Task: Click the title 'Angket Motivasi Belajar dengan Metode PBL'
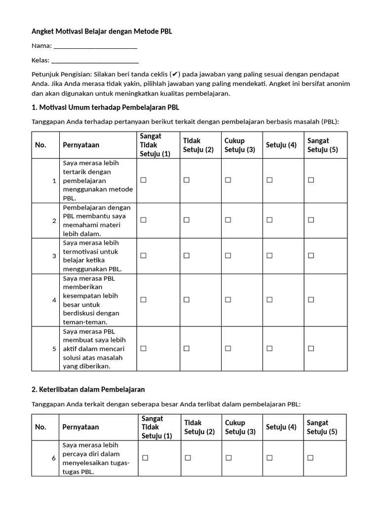[102, 31]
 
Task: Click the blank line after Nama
[95, 46]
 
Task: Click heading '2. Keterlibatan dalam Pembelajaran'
[88, 389]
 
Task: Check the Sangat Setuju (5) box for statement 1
[311, 180]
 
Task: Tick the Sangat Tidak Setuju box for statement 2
[143, 220]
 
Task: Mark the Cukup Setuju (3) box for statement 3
[228, 255]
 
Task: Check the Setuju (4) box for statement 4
[269, 300]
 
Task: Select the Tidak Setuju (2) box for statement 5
[187, 348]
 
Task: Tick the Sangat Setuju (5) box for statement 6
[310, 458]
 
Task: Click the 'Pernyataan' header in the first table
[81, 145]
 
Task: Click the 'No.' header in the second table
[40, 427]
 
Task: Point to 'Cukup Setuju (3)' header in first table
[240, 145]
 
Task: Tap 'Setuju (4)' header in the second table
[281, 427]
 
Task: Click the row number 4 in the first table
[54, 300]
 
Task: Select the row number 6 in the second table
[54, 458]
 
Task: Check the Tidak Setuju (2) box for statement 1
[187, 180]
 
